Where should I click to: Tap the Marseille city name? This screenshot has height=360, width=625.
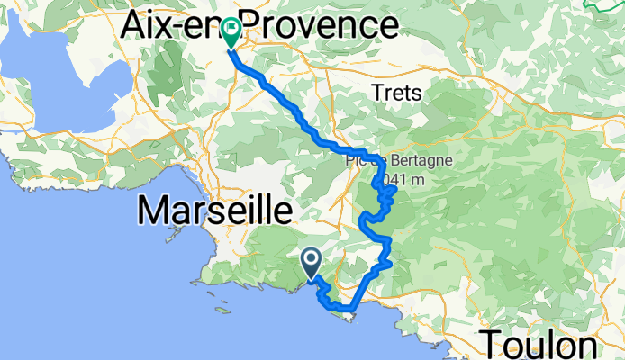[215, 212]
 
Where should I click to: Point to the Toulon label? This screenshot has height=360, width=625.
[540, 345]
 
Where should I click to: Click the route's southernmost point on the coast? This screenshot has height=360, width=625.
[347, 312]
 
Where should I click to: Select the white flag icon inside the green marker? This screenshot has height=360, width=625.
[231, 29]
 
